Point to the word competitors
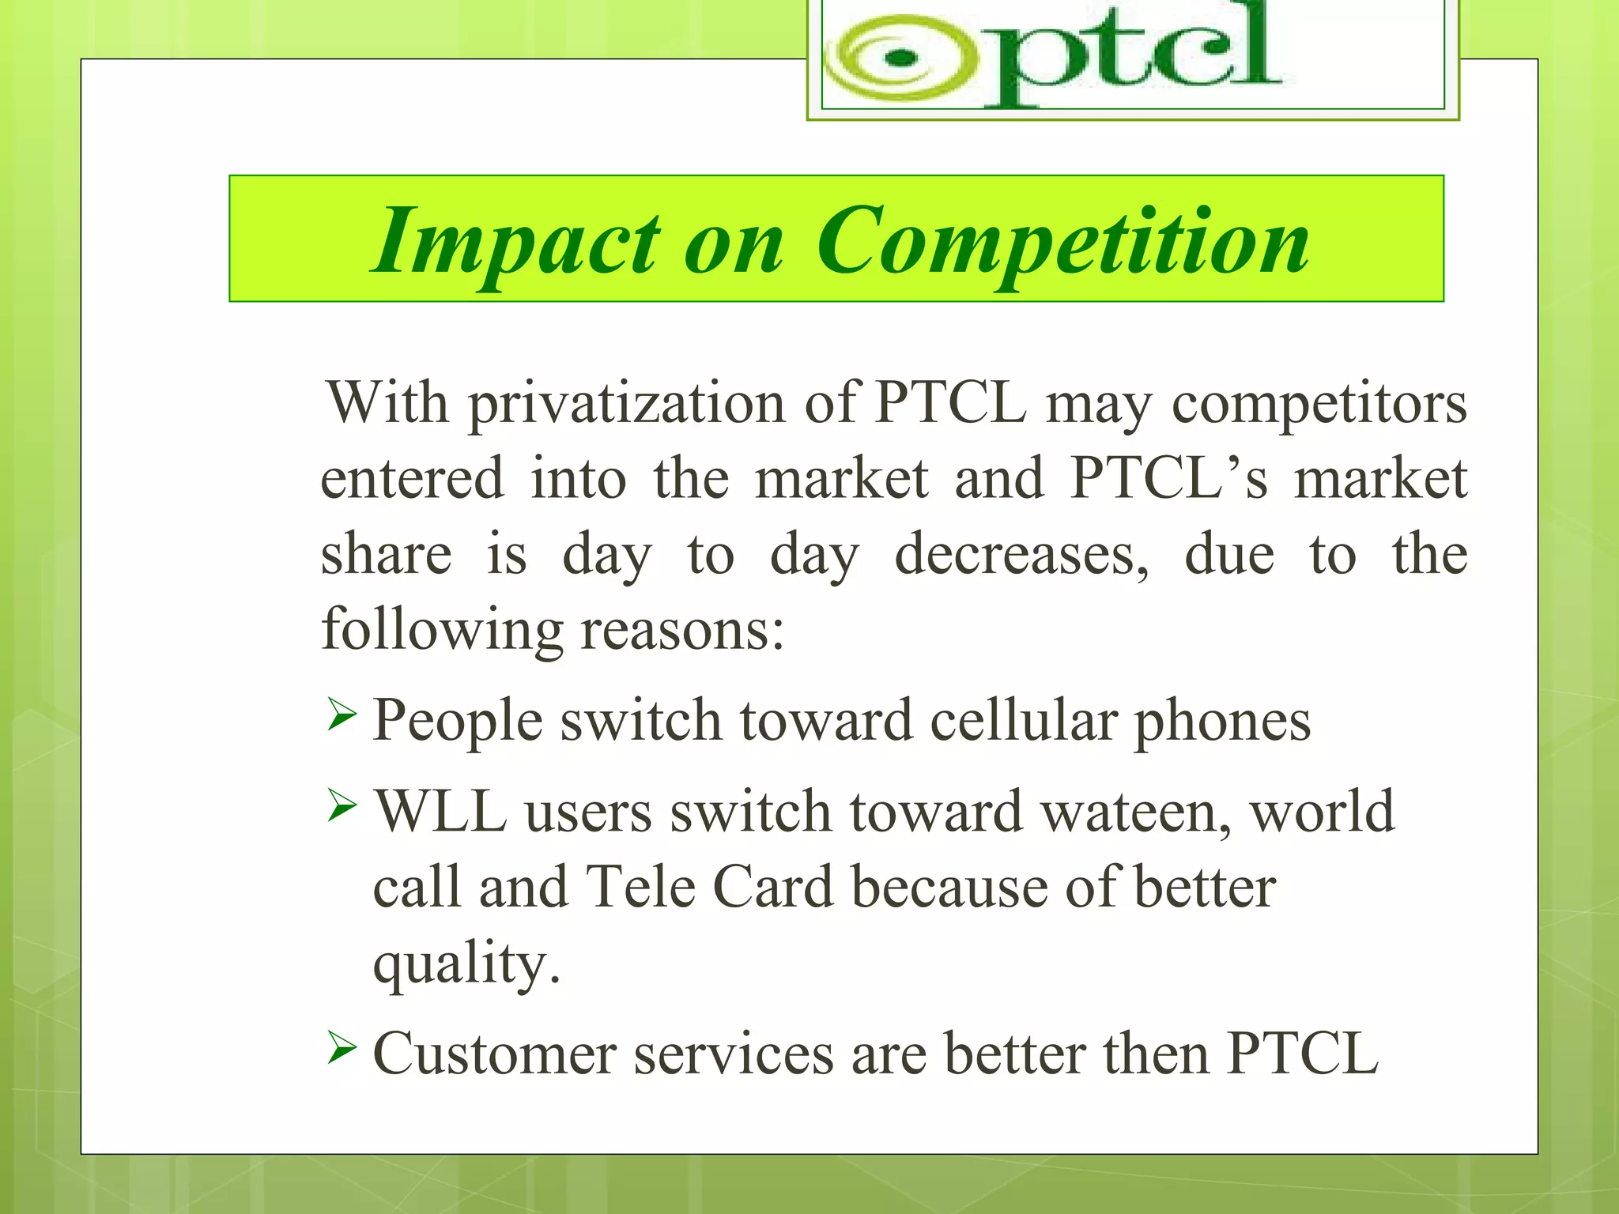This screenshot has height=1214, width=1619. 1319,404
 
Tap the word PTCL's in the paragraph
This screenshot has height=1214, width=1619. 1168,478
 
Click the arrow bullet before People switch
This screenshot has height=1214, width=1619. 342,716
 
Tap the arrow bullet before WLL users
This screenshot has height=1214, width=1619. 342,807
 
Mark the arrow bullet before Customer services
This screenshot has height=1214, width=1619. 342,1050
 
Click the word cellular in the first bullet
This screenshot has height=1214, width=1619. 1023,721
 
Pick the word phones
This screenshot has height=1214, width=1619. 1222,721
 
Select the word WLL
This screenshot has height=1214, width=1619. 440,812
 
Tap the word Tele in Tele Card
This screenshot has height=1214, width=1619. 640,887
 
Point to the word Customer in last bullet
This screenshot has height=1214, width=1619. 494,1054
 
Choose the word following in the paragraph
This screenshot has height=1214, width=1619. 441,630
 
